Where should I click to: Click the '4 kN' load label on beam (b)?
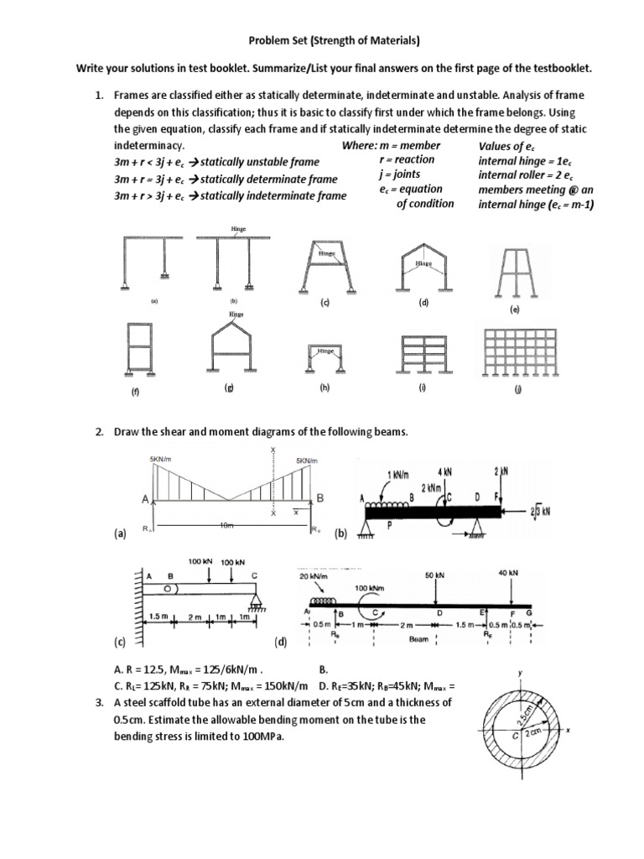click(444, 473)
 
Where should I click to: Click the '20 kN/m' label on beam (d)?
click(316, 575)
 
